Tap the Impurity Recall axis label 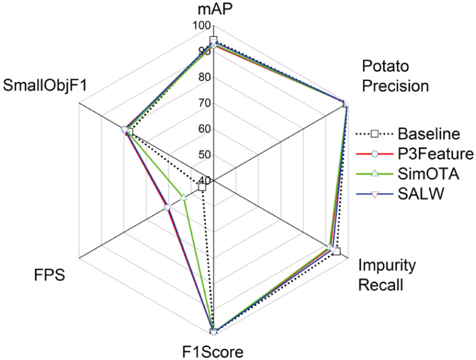[387, 275]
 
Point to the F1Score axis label [212, 352]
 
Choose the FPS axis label [48, 276]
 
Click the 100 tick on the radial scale [201, 26]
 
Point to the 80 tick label [203, 77]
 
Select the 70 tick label [203, 103]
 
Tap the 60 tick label [203, 129]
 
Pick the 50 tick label [203, 155]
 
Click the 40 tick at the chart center [203, 180]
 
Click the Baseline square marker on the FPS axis [202, 187]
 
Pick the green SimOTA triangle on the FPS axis [184, 196]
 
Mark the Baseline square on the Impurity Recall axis [336, 251]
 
